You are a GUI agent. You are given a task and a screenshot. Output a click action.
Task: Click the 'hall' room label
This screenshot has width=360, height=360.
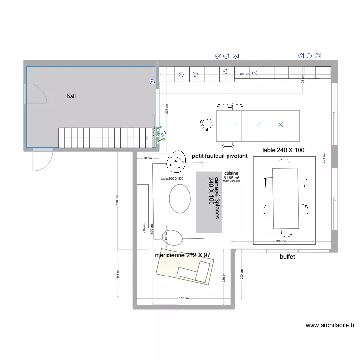[x=71, y=96]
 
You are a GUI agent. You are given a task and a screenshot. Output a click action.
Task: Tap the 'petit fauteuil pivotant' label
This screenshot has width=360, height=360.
[x=219, y=156]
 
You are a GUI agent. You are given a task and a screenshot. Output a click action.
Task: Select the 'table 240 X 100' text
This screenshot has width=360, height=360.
[x=283, y=150]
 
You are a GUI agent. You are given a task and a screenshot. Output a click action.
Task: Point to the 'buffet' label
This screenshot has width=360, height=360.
[x=287, y=257]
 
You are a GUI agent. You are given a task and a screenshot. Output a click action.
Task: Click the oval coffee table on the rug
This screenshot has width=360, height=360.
[x=180, y=199]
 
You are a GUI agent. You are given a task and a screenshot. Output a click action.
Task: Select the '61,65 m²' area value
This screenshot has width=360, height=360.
[x=231, y=178]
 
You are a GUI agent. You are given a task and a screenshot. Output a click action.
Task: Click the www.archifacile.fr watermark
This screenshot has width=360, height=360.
[x=330, y=325]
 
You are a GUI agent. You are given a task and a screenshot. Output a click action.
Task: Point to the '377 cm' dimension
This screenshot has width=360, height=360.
[x=184, y=298]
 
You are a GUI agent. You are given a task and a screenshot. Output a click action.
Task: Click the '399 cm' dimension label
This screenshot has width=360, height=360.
[x=281, y=242]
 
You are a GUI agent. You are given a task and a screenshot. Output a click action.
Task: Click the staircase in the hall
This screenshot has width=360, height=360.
[x=103, y=138]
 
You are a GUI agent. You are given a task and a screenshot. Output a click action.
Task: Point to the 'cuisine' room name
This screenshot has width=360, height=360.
[x=231, y=173]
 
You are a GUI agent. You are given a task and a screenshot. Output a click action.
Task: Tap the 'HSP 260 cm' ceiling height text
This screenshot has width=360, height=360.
[x=231, y=181]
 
